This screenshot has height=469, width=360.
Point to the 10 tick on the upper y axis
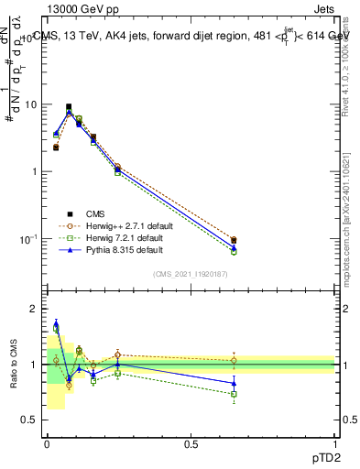click(x=30, y=104)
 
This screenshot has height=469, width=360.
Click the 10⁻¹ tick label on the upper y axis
click(x=28, y=239)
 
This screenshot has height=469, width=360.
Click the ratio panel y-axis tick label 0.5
click(x=30, y=420)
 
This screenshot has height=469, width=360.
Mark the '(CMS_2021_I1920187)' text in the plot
click(x=191, y=274)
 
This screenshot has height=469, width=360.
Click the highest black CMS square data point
click(x=69, y=106)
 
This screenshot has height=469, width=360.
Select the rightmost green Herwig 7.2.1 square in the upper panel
click(x=234, y=251)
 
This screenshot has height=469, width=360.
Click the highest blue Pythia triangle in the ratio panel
click(x=56, y=323)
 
